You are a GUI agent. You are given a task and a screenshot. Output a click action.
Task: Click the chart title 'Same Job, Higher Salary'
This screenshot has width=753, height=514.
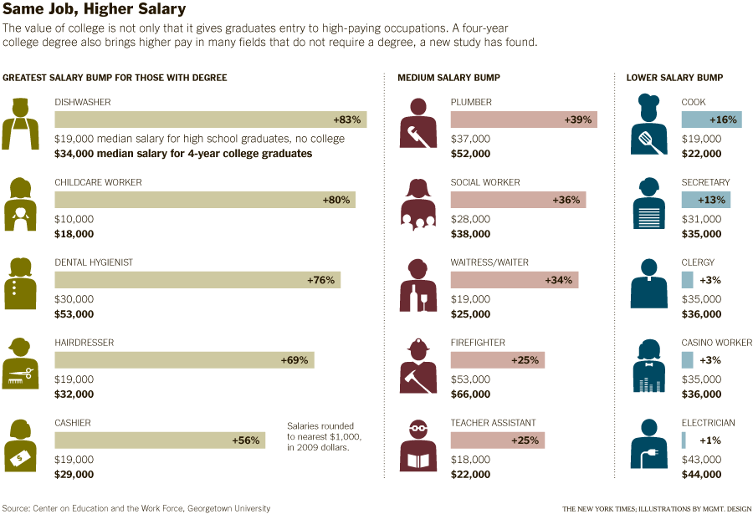click(x=95, y=10)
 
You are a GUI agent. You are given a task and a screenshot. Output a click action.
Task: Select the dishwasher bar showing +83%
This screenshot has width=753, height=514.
click(x=210, y=120)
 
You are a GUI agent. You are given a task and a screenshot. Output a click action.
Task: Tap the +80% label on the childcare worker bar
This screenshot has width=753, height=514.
click(x=336, y=200)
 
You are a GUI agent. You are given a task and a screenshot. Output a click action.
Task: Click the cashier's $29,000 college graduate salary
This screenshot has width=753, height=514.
click(x=74, y=474)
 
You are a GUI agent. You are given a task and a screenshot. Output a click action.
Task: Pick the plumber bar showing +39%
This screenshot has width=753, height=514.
click(x=524, y=120)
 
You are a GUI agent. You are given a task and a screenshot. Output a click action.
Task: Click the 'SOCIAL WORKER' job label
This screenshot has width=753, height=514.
click(x=485, y=182)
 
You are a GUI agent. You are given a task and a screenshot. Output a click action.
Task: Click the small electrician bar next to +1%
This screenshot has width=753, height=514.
click(x=684, y=440)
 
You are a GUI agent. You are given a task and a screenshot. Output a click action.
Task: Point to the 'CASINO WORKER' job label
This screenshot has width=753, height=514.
click(x=717, y=343)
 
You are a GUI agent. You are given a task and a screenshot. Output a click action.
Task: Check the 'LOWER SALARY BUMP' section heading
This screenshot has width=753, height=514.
click(x=674, y=78)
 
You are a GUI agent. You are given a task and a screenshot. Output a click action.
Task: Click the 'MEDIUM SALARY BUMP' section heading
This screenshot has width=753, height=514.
click(x=448, y=78)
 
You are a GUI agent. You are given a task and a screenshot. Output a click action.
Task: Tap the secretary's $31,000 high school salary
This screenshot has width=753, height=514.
click(x=701, y=219)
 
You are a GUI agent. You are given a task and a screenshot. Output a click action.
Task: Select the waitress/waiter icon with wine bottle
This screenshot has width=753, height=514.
click(x=418, y=285)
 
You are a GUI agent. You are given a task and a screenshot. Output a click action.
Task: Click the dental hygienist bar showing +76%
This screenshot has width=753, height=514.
click(x=197, y=280)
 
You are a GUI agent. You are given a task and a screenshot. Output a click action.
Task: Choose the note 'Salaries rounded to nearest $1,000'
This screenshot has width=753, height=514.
click(x=320, y=435)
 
